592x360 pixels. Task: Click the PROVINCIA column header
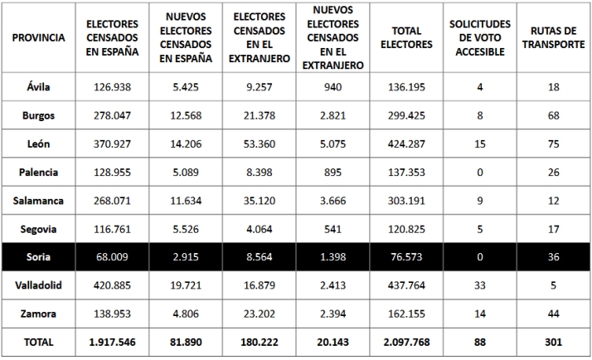(39, 38)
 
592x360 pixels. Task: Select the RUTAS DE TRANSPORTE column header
(553, 38)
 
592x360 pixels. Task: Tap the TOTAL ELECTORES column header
(406, 38)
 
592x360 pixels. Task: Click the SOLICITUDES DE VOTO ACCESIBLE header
(479, 38)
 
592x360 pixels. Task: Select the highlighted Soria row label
(39, 257)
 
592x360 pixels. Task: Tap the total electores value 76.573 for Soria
(406, 257)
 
